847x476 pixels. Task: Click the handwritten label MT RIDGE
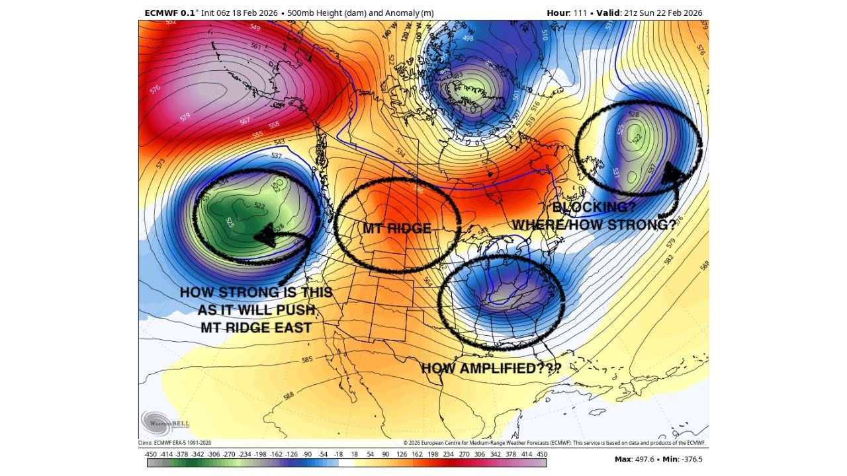(396, 229)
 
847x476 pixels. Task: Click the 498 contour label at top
(468, 38)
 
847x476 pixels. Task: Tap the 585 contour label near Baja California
(306, 360)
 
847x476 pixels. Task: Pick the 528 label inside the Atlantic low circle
(634, 114)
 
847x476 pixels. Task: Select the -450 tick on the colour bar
(150, 454)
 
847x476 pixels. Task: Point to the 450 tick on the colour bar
(541, 454)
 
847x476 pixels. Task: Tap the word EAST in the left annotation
(290, 327)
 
